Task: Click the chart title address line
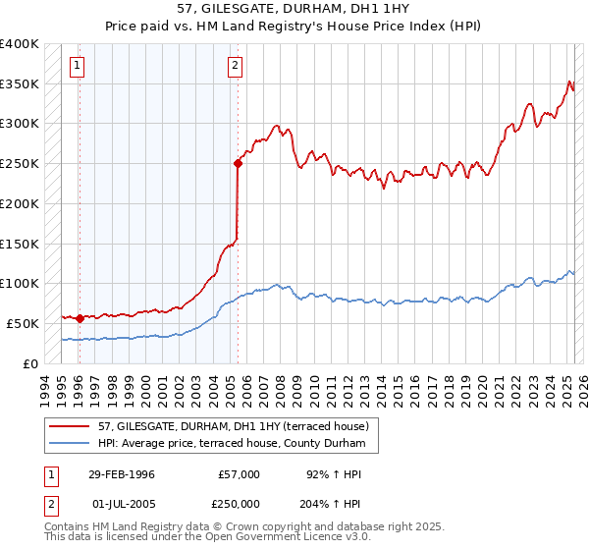click(294, 8)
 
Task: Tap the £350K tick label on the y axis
click(19, 83)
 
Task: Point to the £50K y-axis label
click(22, 323)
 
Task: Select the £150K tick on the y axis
click(19, 244)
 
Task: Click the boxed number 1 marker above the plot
click(77, 67)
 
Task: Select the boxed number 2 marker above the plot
click(236, 67)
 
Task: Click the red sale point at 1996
click(79, 318)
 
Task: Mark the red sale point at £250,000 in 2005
click(238, 164)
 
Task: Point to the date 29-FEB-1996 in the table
click(121, 474)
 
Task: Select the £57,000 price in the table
click(239, 474)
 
